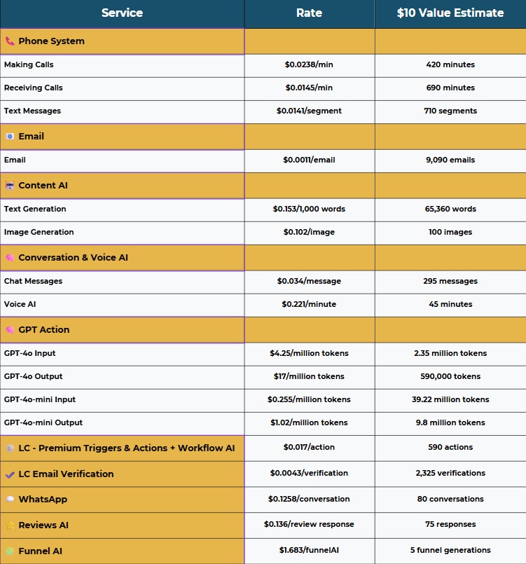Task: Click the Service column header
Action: (122, 13)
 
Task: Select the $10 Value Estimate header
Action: (450, 13)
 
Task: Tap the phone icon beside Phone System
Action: (10, 41)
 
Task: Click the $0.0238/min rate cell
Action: (309, 64)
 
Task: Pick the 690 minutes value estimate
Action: (450, 88)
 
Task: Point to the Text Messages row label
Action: (32, 111)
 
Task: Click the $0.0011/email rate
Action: (309, 160)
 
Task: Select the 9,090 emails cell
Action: (450, 160)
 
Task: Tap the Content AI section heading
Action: (43, 186)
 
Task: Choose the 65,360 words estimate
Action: (450, 209)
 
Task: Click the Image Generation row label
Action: (39, 232)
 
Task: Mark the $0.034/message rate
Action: (309, 281)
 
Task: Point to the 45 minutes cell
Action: (450, 304)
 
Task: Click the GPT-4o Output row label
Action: (33, 376)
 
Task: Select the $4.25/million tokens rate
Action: (309, 353)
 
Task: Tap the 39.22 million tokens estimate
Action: (450, 399)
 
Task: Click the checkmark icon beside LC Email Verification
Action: (10, 474)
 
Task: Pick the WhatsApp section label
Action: (43, 500)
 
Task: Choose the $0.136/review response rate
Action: (309, 524)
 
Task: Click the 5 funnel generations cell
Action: (450, 550)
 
